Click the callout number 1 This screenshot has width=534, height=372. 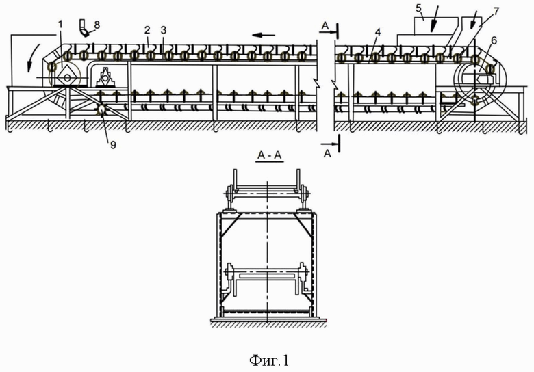(x=60, y=25)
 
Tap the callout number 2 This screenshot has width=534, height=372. (x=147, y=31)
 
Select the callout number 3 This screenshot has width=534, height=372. (x=163, y=31)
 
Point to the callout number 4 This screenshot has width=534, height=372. (x=378, y=31)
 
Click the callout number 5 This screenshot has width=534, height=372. (x=419, y=10)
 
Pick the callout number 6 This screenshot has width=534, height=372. (x=494, y=40)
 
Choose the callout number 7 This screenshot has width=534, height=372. (x=496, y=11)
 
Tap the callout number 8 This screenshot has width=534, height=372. (x=97, y=25)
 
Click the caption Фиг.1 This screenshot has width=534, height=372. (x=268, y=357)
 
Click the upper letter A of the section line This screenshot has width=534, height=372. (x=325, y=25)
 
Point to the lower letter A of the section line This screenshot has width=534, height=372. (x=327, y=152)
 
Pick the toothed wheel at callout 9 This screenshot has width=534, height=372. (x=101, y=109)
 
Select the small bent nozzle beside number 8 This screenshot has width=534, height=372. (x=84, y=27)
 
